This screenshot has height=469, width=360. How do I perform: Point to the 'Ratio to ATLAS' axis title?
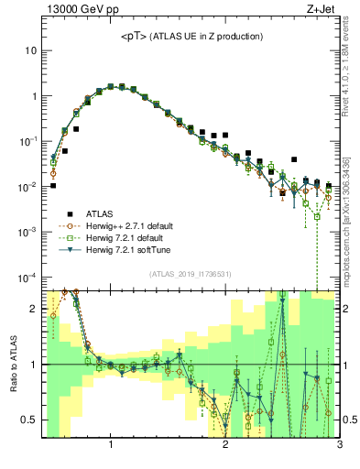point(13,364)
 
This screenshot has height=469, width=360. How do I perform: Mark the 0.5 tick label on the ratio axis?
point(27,420)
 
